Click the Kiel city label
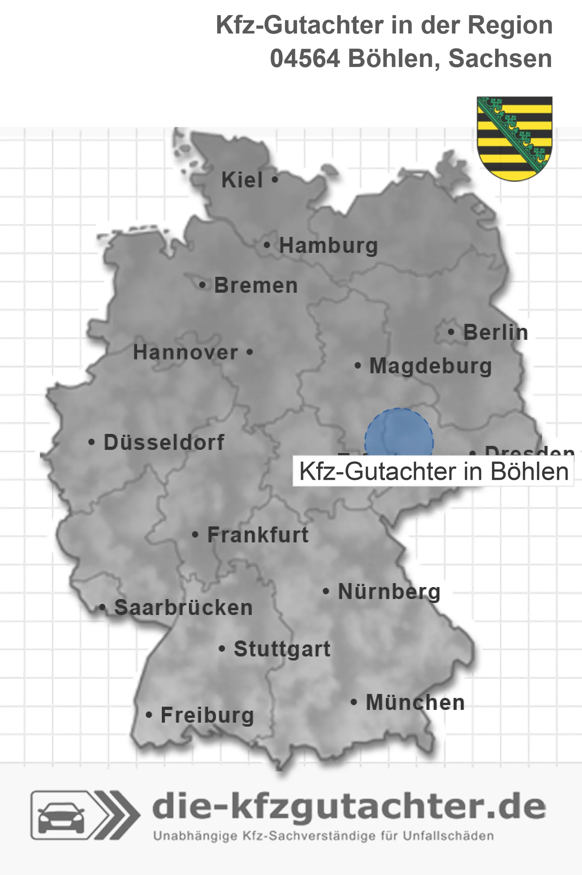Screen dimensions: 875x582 [x=242, y=180]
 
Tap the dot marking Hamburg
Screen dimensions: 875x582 [x=267, y=245]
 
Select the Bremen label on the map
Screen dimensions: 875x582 [x=256, y=286]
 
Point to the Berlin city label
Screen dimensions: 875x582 [x=495, y=332]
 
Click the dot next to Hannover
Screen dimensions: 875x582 [x=250, y=352]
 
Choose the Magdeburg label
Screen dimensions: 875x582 [x=431, y=366]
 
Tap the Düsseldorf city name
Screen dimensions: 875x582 [x=164, y=442]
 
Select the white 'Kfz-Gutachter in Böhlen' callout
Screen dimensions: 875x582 [x=433, y=472]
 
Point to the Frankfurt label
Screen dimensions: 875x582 [x=258, y=535]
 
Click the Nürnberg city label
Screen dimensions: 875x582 [x=389, y=591]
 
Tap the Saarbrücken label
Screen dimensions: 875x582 [x=183, y=608]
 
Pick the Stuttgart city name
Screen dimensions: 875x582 [x=282, y=649]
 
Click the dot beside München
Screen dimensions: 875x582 [x=354, y=702]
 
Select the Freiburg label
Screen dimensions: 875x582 [x=207, y=715]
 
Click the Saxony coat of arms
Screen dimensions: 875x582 [x=515, y=138]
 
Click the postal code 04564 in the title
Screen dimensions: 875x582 [x=305, y=59]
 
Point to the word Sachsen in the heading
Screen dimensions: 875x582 [x=500, y=59]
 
